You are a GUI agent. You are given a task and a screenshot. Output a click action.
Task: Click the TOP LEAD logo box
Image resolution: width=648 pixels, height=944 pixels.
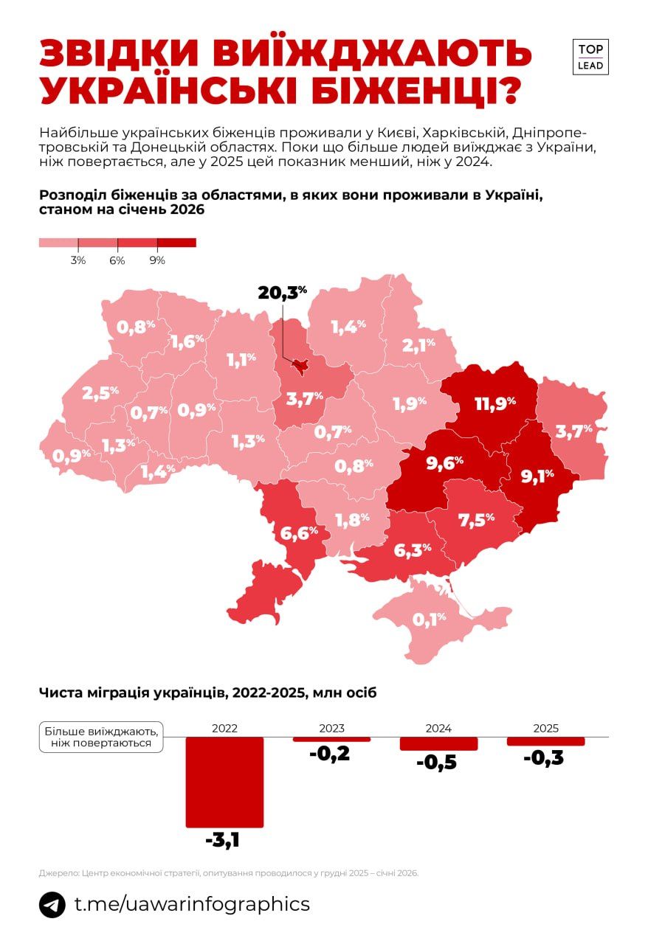pos(590,57)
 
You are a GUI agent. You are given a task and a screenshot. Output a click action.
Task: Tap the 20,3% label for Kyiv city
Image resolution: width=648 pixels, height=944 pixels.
pos(282,292)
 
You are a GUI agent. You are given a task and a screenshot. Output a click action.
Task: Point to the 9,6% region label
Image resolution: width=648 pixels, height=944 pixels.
pos(445,462)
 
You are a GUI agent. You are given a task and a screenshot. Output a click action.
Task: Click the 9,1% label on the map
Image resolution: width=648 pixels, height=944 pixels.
pos(538,476)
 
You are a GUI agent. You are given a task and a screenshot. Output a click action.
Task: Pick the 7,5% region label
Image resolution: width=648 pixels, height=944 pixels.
pos(476,520)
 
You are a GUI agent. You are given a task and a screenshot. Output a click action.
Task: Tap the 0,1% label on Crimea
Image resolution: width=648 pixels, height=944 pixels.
pos(430,619)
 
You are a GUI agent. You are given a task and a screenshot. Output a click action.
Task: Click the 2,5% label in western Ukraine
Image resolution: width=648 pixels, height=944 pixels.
pos(100,392)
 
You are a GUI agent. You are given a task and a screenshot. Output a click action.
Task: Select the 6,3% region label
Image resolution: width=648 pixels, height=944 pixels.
pos(413,550)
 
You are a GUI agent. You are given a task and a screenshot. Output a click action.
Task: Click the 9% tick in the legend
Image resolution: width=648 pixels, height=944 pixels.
pos(156,260)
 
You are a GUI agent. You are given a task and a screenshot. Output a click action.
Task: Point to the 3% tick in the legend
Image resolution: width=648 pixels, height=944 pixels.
pos(78,260)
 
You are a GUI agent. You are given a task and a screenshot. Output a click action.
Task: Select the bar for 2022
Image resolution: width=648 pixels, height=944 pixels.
pos(224,781)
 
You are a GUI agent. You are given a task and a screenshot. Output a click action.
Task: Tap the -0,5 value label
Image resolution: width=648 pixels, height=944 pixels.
pos(437,763)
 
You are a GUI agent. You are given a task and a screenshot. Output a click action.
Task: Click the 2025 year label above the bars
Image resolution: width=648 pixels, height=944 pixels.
pos(545,728)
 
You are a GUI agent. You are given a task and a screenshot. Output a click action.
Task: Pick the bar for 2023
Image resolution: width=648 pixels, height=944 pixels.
pos(331,739)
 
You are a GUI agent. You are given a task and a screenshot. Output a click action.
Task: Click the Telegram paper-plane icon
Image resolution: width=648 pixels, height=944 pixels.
pos(52,905)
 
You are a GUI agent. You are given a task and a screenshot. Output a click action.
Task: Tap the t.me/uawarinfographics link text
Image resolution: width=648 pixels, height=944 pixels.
pos(193,904)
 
